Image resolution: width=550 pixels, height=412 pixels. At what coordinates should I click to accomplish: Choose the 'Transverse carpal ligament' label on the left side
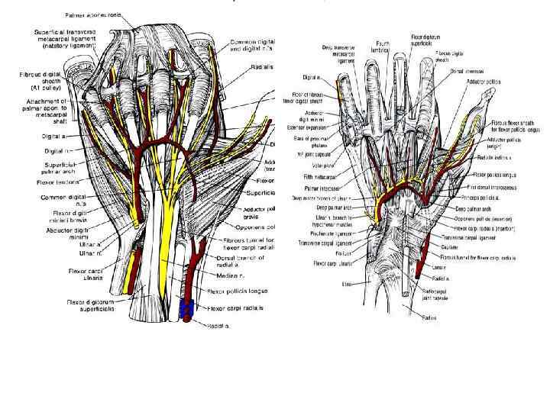324,245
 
